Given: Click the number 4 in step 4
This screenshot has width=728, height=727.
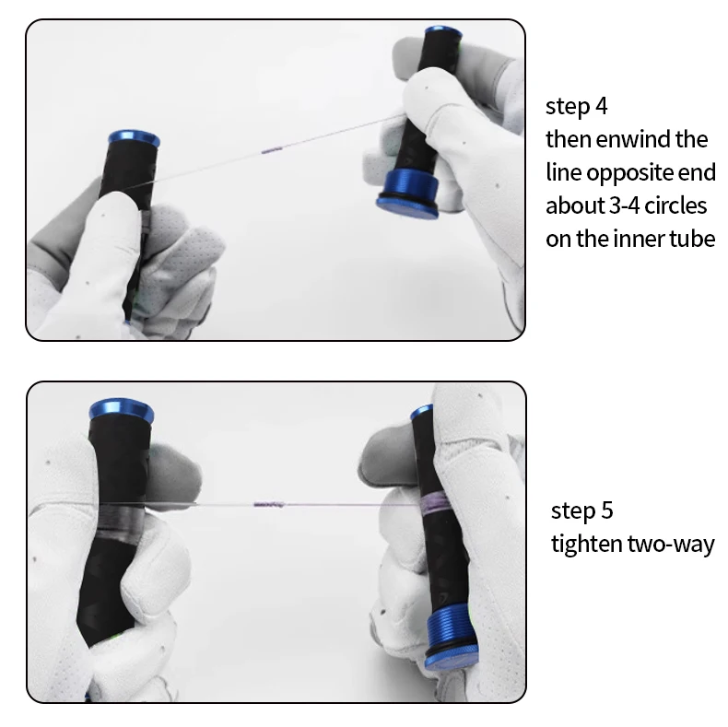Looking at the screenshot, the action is (601, 106).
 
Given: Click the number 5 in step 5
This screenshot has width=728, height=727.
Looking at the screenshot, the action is (607, 510).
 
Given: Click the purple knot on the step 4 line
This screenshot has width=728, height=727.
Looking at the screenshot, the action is (272, 150).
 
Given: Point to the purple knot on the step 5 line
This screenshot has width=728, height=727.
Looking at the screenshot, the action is (269, 504).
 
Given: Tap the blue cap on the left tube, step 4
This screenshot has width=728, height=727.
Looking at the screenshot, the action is (134, 138).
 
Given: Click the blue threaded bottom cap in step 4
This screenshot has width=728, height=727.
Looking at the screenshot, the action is (408, 194).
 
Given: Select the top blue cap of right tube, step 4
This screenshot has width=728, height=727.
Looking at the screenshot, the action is (443, 31).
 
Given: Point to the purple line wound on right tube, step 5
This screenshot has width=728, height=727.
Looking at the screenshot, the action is (434, 503).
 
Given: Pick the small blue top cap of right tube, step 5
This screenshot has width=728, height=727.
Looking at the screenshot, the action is (422, 411).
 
